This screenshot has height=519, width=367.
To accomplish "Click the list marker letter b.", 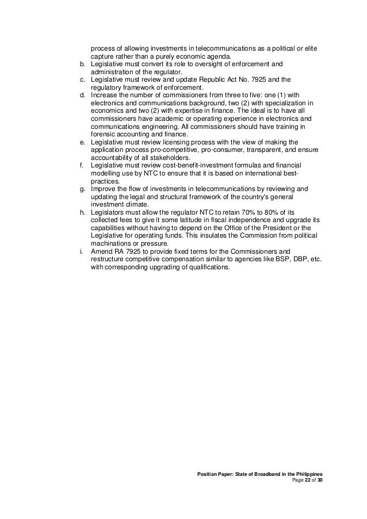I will tap(82, 64).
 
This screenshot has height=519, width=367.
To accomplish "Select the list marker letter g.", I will tap(82, 188).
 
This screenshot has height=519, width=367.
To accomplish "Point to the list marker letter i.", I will tap(81, 251).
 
